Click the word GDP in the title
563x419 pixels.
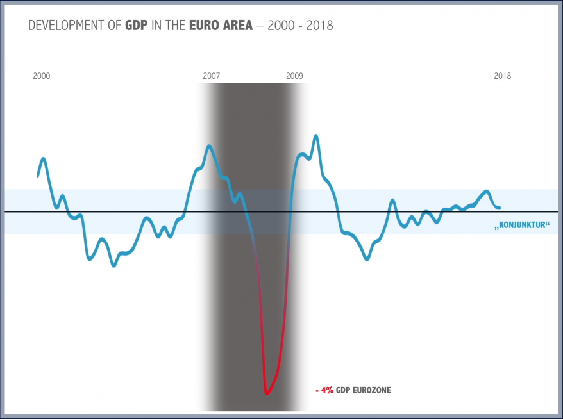pos(136,26)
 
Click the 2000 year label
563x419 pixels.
pos(42,76)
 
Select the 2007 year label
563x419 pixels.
pos(212,76)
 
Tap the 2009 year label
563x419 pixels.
pos(294,76)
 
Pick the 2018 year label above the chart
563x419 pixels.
pos(502,76)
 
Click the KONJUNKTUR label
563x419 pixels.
pos(522,226)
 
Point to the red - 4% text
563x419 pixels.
pos(324,390)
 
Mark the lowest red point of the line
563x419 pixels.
pos(266,393)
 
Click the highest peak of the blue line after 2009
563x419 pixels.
pos(315,136)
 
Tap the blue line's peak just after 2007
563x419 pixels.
pos(209,146)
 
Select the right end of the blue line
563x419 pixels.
pos(500,207)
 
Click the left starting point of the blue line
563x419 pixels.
pos(38,176)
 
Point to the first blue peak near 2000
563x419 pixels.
pos(44,158)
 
